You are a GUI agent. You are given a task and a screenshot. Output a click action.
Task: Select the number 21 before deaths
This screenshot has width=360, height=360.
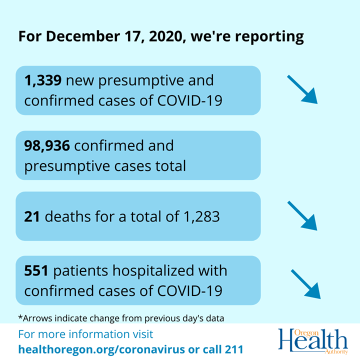tap(31, 217)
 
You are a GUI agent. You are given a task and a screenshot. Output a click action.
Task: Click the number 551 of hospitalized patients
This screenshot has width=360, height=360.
tap(36, 271)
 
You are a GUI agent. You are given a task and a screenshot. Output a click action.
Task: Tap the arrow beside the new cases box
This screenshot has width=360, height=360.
tap(302, 89)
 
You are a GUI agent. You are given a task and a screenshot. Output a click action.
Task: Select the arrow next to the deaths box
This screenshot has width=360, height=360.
tap(302, 215)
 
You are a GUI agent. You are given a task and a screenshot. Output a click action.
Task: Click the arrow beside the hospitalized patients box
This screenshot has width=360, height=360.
tap(305, 284)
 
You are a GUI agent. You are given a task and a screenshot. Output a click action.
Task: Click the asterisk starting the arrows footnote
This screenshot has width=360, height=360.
tap(19, 317)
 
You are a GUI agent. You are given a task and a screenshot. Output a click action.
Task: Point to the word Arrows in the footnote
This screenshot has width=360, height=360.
tap(35, 317)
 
